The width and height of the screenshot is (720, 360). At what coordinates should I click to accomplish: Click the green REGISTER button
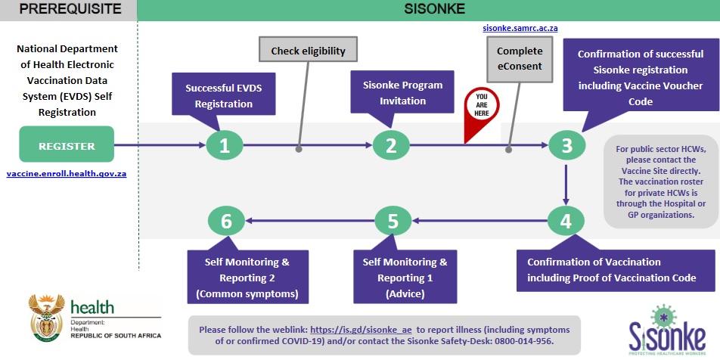click(x=67, y=147)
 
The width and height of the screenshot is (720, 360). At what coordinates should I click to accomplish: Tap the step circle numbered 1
click(x=225, y=145)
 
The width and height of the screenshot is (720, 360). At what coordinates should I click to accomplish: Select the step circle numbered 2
click(x=392, y=145)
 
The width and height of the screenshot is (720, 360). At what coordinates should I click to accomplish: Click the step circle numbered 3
click(x=566, y=145)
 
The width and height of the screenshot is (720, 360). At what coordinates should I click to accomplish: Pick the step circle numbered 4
click(x=566, y=222)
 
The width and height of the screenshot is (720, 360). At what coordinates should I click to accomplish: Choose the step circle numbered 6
click(x=226, y=222)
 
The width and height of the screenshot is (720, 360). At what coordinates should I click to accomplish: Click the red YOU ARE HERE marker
click(x=482, y=110)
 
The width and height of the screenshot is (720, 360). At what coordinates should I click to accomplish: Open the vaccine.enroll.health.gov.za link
click(x=67, y=173)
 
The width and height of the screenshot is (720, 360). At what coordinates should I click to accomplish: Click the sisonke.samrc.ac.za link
click(x=520, y=28)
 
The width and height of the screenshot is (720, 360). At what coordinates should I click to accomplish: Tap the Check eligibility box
click(x=308, y=51)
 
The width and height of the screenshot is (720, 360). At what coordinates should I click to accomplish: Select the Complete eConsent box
click(x=520, y=58)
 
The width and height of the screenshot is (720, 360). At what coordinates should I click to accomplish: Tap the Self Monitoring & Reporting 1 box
click(x=405, y=277)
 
